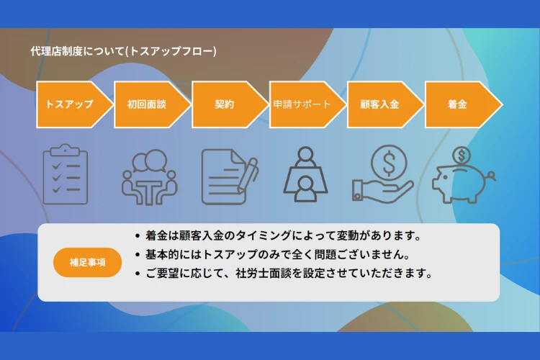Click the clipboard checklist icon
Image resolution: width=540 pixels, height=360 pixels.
click(66, 174)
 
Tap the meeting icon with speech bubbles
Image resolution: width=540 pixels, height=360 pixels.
click(150, 177)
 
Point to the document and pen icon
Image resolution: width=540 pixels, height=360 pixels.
click(230, 176)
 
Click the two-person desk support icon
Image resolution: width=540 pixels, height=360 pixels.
click(305, 174)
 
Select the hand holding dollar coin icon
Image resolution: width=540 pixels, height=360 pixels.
click(382, 174)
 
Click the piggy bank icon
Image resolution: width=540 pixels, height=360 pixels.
click(464, 175)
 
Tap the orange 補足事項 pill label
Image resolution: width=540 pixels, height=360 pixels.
click(87, 263)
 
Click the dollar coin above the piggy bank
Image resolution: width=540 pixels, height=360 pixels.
click(462, 156)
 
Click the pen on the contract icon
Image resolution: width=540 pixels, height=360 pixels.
click(248, 176)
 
